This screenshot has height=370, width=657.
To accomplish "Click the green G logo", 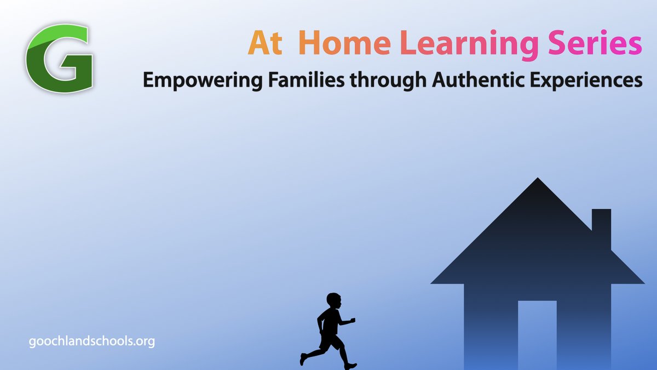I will pyautogui.click(x=59, y=59).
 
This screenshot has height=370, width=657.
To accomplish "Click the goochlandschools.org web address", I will pyautogui.click(x=92, y=341).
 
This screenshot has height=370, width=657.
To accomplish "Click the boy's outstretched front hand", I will pyautogui.click(x=353, y=320).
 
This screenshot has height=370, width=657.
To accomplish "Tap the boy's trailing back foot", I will pyautogui.click(x=303, y=360).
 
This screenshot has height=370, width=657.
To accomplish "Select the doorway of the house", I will pyautogui.click(x=537, y=334).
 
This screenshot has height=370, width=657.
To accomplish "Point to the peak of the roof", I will pyautogui.click(x=538, y=179).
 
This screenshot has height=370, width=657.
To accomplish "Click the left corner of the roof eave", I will pyautogui.click(x=433, y=282).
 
